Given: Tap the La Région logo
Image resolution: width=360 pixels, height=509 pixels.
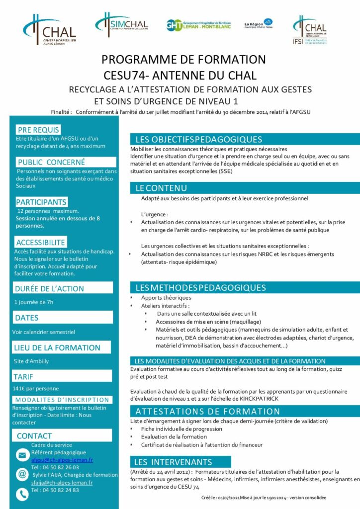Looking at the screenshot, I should coord(259,23).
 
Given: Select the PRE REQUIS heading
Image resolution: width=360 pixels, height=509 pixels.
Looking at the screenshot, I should coord(38,129).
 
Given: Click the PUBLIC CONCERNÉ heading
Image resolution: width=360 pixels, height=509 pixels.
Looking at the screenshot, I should coord(51,162).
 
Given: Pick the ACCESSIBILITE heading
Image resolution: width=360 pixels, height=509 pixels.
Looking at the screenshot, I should coord(40,242).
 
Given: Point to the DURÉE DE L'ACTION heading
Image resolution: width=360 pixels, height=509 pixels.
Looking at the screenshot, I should coord(49,288).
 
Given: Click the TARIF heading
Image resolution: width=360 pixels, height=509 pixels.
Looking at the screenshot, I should coord(24,377).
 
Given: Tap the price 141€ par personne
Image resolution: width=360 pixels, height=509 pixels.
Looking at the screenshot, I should coord(36,389).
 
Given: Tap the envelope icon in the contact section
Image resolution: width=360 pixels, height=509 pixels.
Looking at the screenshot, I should coord(22,454).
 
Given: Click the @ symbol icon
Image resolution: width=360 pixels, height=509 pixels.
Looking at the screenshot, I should coord(22,474).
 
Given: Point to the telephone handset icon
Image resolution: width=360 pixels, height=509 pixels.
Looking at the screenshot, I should coord(22,494).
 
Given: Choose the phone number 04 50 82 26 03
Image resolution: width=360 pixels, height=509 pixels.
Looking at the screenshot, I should coord(55,467).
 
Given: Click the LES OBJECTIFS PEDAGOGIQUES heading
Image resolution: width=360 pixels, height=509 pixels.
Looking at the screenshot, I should coord(199,139).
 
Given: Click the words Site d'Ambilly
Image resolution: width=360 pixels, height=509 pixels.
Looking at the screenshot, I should coord(31,361).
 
